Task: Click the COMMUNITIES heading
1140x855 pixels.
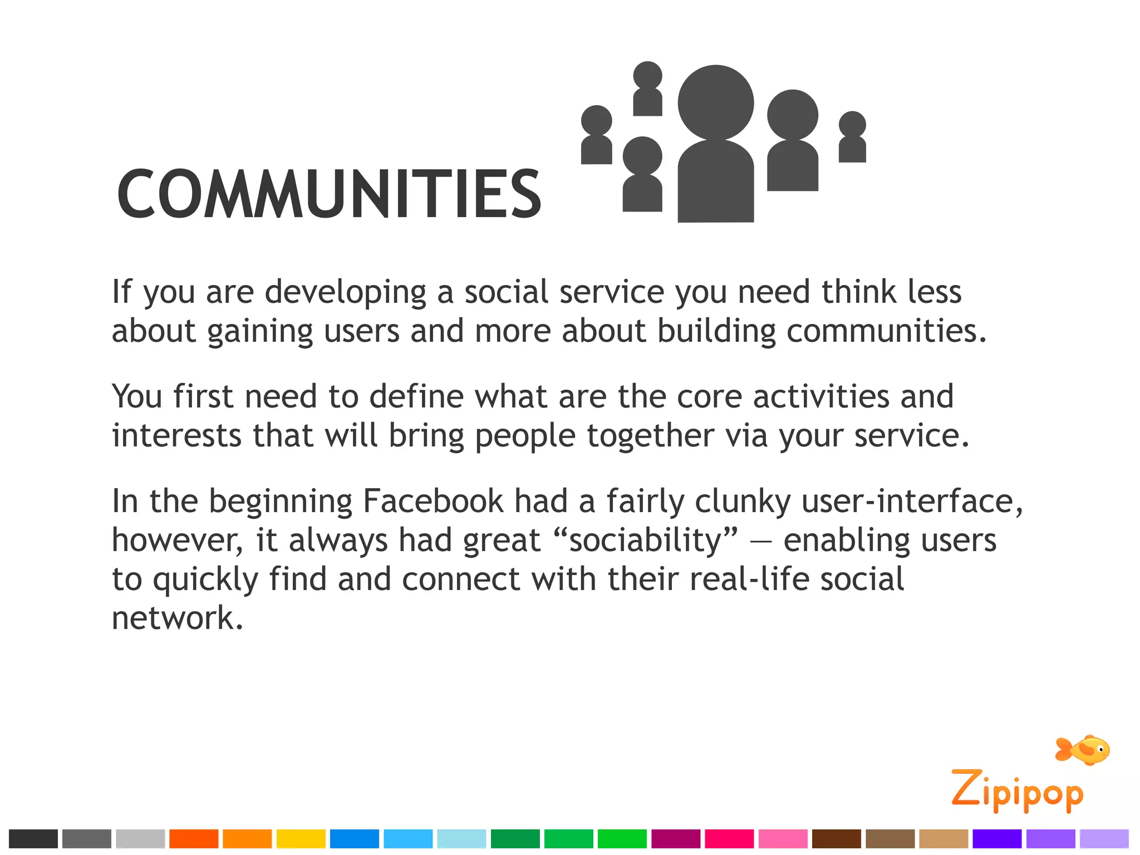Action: pyautogui.click(x=328, y=194)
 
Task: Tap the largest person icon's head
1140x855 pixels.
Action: pyautogui.click(x=715, y=103)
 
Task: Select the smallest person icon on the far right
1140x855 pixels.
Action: pyautogui.click(x=852, y=137)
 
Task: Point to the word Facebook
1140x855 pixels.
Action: pyautogui.click(x=433, y=501)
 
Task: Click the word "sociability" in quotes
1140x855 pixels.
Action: pyautogui.click(x=646, y=540)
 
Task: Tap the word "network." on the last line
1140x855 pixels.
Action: pyautogui.click(x=178, y=618)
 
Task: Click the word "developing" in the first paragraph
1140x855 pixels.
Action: pyautogui.click(x=345, y=293)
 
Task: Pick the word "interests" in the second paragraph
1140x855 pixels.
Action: pyautogui.click(x=176, y=435)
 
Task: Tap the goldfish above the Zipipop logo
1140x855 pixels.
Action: pyautogui.click(x=1083, y=750)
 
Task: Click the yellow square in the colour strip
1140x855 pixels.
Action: pyautogui.click(x=301, y=838)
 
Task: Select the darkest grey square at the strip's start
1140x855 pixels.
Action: pyautogui.click(x=33, y=838)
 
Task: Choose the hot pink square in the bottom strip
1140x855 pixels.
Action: pyautogui.click(x=729, y=838)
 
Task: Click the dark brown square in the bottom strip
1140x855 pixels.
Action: pyautogui.click(x=836, y=838)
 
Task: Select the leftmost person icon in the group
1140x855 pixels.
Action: pyautogui.click(x=596, y=135)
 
